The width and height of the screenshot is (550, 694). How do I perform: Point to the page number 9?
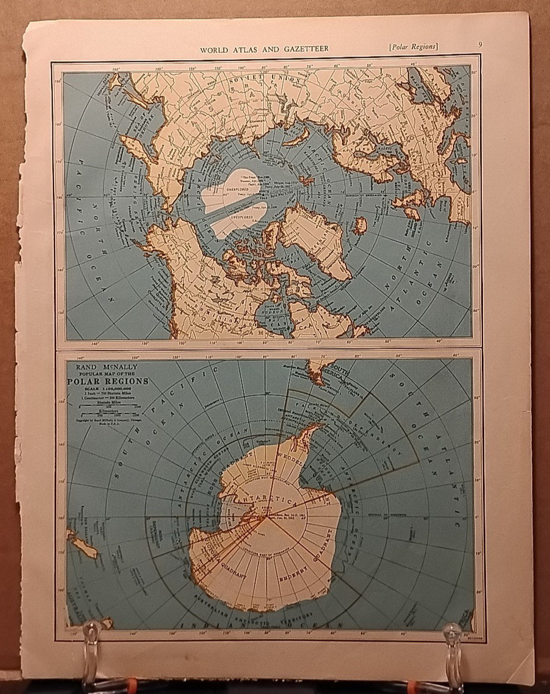point(480,45)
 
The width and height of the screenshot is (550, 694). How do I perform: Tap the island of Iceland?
point(360,225)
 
